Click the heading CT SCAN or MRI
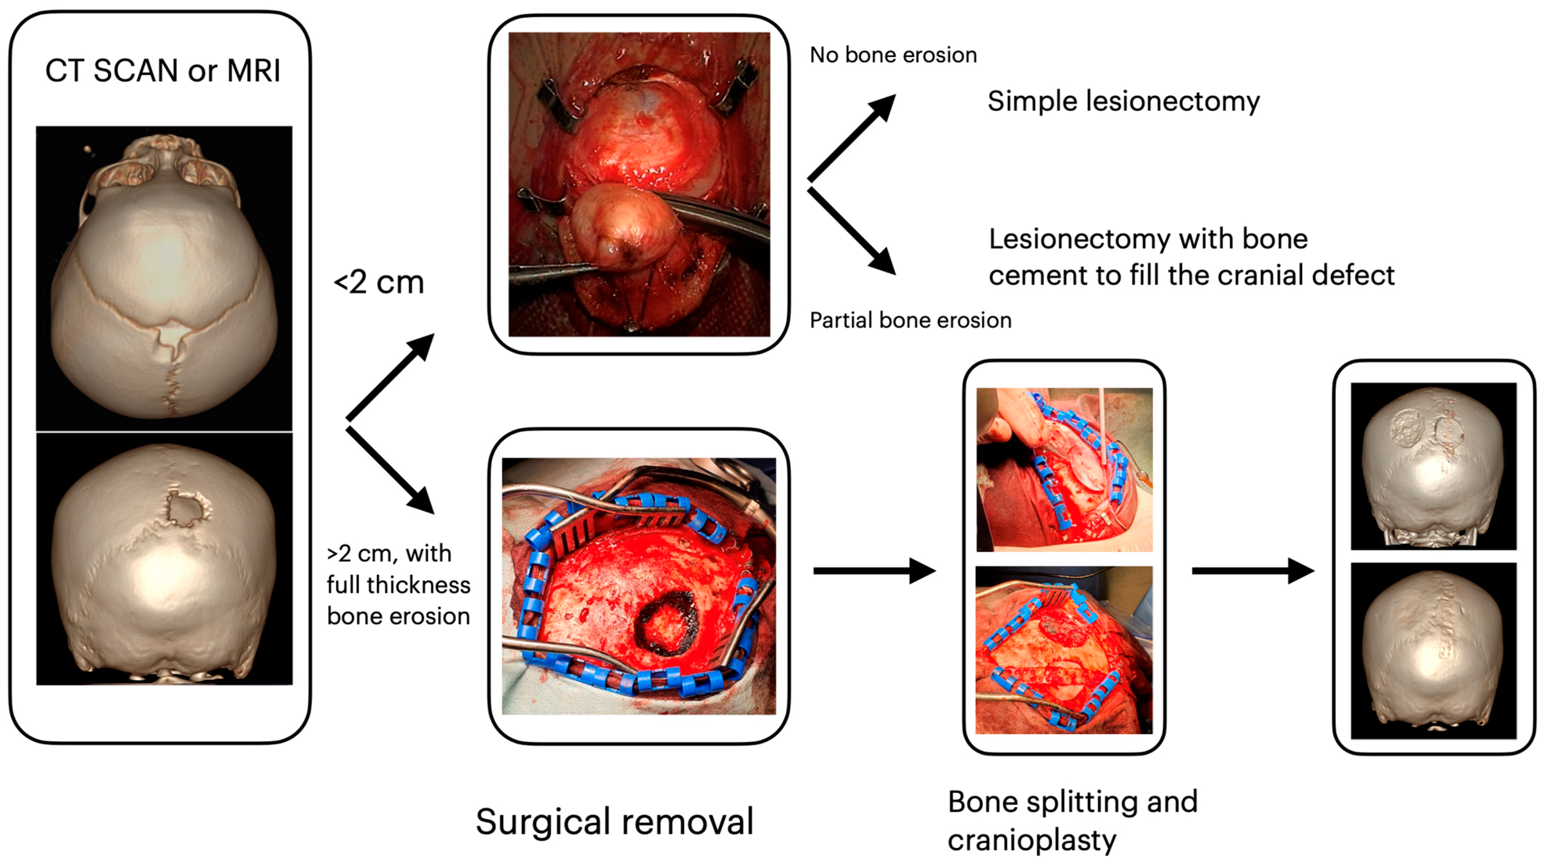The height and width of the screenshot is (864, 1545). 163,71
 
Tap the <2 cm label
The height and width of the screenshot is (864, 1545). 379,282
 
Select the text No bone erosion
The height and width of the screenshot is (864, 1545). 893,55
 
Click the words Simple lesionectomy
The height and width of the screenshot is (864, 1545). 1123,101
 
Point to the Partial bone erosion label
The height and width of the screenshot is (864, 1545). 910,320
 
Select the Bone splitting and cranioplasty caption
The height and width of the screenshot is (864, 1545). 1072,820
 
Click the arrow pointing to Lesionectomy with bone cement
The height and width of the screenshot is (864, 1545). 852,231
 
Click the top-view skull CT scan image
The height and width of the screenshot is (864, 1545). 164,278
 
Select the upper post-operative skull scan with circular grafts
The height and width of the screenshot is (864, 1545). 1433,466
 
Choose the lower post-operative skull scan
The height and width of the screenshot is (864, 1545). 1433,651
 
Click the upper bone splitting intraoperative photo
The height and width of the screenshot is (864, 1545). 1064,469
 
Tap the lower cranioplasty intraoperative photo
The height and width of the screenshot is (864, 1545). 1064,649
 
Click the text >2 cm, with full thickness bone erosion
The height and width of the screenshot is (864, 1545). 398,584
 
